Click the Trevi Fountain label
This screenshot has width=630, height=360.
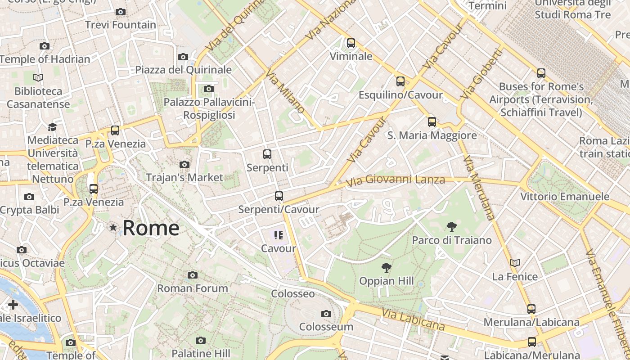click(x=121, y=25)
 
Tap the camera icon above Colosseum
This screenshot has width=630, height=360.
click(x=326, y=314)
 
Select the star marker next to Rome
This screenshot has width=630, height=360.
click(x=113, y=228)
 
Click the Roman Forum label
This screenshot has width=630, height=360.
click(x=193, y=288)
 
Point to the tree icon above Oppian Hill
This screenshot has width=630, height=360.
click(x=386, y=268)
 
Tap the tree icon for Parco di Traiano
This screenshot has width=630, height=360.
click(x=452, y=227)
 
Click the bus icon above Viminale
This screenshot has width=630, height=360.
click(x=351, y=43)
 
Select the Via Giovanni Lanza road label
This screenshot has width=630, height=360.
click(x=396, y=180)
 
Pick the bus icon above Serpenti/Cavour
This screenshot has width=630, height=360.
click(x=279, y=196)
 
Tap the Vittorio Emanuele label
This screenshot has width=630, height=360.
click(x=565, y=197)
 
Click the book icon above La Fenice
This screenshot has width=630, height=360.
click(x=515, y=263)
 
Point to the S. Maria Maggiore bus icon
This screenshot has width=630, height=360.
click(x=432, y=121)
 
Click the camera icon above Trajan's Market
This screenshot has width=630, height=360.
click(x=184, y=164)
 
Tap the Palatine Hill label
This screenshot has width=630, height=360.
click(x=201, y=353)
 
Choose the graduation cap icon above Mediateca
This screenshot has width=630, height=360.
click(x=52, y=127)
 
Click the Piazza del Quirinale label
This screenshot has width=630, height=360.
click(x=184, y=70)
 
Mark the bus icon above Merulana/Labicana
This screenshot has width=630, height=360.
click(x=531, y=309)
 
